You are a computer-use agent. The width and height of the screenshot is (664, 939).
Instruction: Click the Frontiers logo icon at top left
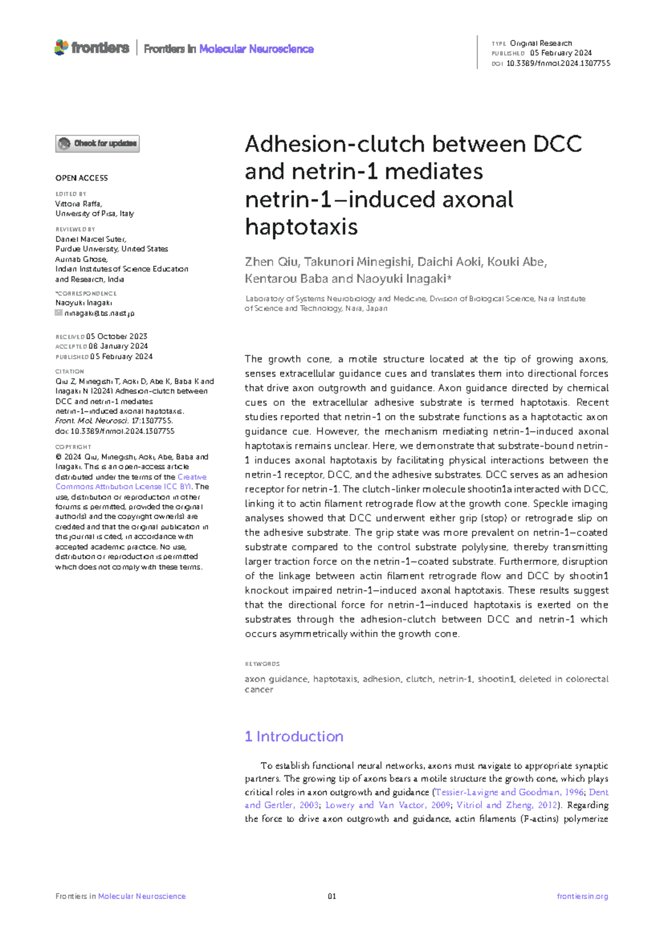[61, 48]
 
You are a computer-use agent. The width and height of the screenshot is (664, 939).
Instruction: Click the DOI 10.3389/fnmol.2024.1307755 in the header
[558, 63]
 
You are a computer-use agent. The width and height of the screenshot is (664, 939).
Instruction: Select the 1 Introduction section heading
[294, 736]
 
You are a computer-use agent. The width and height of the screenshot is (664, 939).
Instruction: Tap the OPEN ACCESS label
[81, 178]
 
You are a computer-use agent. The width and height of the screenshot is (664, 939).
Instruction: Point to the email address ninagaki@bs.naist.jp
[99, 313]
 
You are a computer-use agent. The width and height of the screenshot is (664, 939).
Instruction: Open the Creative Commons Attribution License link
[131, 482]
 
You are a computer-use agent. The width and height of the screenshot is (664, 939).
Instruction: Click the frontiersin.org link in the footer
[582, 896]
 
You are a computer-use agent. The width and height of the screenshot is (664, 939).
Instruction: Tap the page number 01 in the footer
[332, 896]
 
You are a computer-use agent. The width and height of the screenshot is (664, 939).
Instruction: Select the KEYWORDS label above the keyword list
[262, 664]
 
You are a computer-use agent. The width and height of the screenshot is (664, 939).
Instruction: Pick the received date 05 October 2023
[116, 337]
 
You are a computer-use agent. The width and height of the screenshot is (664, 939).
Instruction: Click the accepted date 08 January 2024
[118, 347]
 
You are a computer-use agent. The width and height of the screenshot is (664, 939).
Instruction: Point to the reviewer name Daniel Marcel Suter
[90, 239]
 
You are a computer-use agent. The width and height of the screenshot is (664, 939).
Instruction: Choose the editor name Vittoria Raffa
[78, 204]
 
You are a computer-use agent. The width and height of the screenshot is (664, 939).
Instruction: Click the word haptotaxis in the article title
[302, 226]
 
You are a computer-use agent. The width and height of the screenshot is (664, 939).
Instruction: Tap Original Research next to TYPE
[541, 43]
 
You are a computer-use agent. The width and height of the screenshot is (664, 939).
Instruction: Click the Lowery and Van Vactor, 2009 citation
[387, 805]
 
